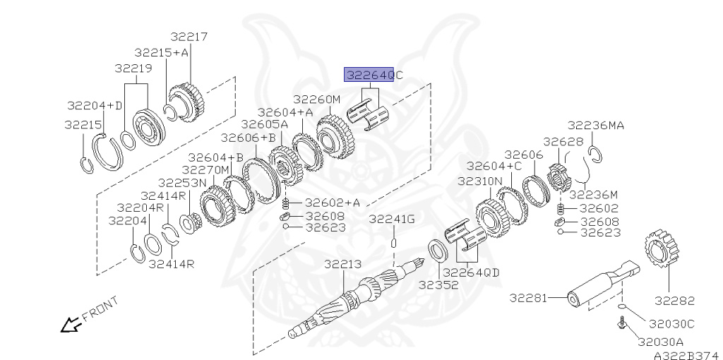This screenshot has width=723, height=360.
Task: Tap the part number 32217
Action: coord(189,37)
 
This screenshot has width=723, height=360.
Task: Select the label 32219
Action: coord(133,68)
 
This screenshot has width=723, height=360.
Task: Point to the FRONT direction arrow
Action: coord(71,325)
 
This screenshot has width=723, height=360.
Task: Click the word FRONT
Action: coord(100,309)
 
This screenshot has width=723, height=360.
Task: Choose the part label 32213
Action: coord(342,264)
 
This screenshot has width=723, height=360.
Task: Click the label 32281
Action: coord(528,298)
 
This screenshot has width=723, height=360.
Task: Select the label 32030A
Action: coord(660,342)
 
